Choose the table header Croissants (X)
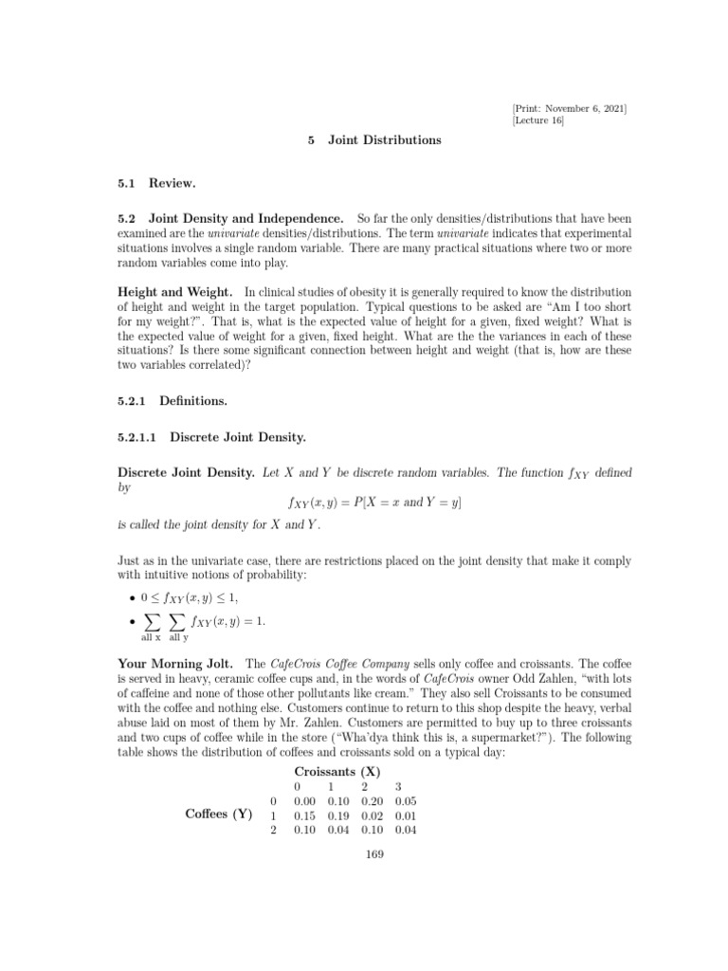337,772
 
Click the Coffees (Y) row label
218,814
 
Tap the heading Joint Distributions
385,139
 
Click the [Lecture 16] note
537,120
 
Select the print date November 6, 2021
586,107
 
